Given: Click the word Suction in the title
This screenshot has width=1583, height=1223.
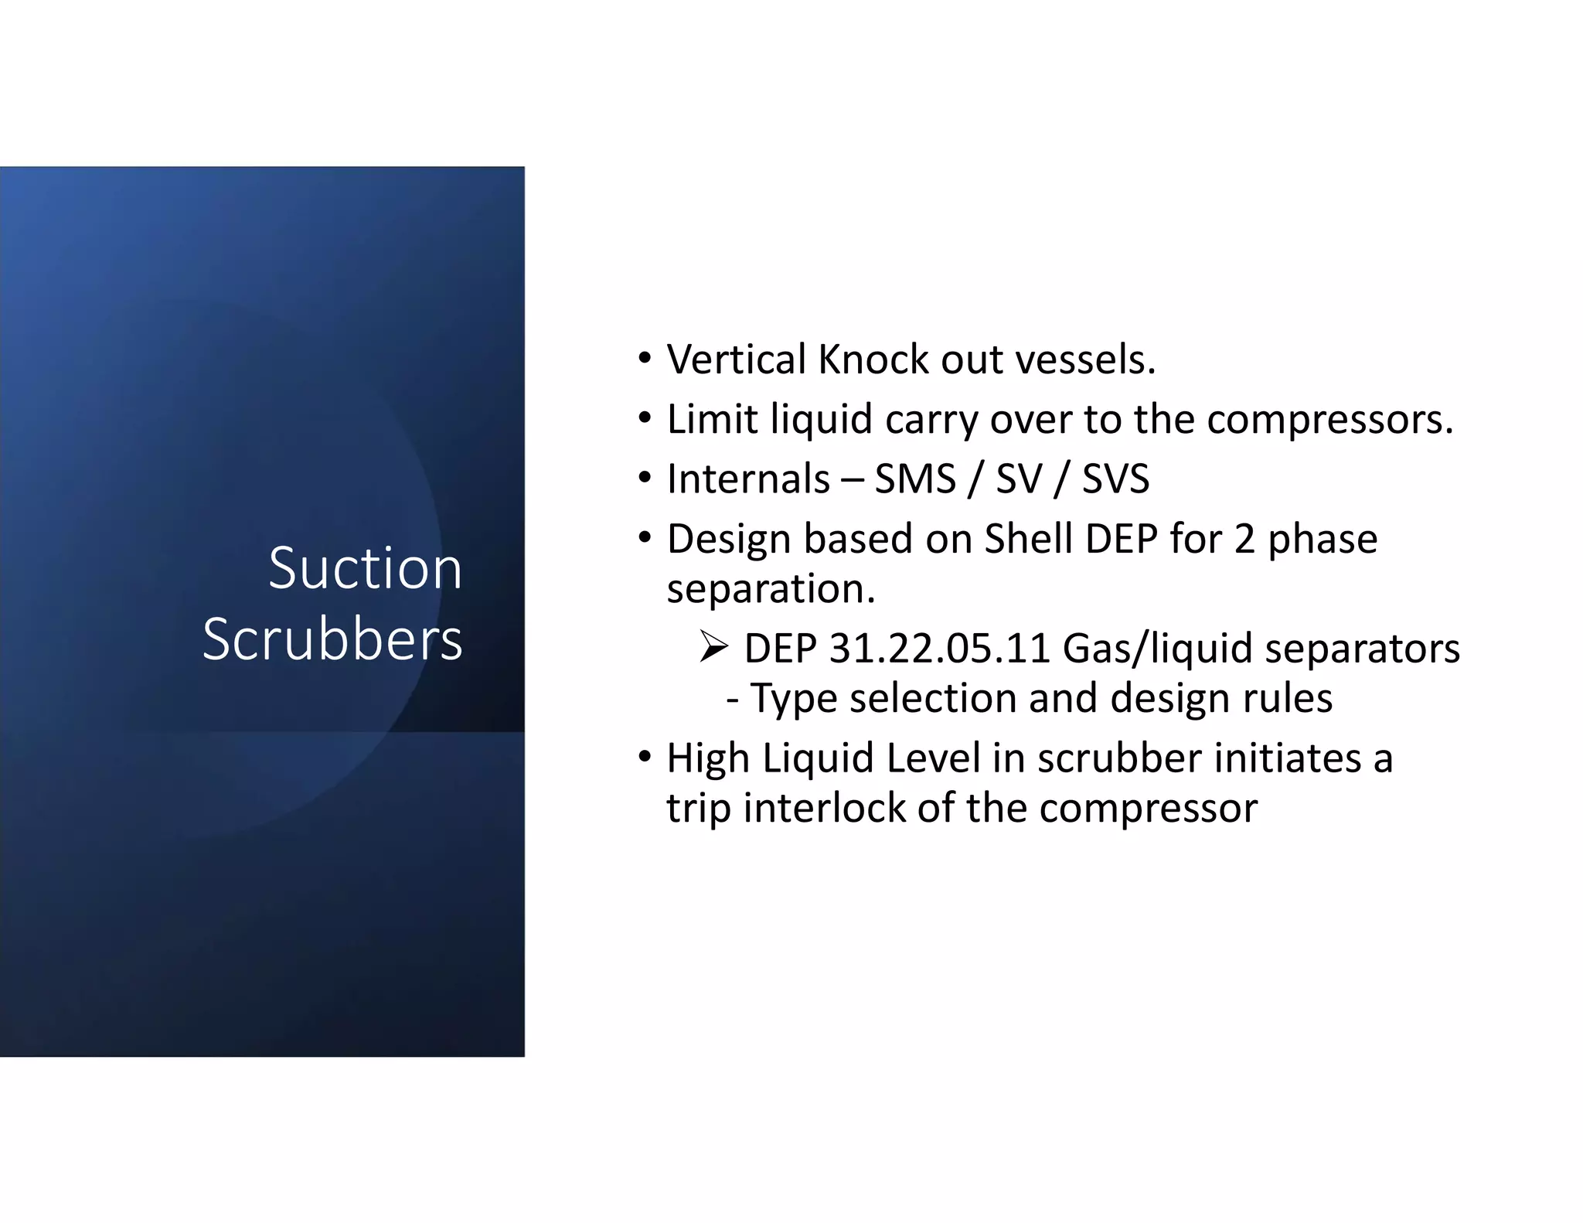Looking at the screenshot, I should pos(365,569).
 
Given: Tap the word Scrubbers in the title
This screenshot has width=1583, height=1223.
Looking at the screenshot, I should pos(332,640).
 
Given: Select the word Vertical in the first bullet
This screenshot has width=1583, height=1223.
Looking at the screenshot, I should pos(737,360).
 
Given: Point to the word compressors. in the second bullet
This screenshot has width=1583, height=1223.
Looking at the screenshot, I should pos(1329,421).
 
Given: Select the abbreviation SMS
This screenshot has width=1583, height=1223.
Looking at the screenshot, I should pos(915,479).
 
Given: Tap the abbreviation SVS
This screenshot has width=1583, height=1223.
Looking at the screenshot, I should pos(1115,479).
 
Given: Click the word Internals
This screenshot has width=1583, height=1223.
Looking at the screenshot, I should pos(748,479).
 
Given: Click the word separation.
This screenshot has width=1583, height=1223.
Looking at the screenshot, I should pos(771,590).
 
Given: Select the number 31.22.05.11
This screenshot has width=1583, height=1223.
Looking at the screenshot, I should pos(939,649).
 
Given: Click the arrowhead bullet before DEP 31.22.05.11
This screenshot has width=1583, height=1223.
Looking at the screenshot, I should pos(713,647).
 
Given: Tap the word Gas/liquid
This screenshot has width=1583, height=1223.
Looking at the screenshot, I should pos(1157,649).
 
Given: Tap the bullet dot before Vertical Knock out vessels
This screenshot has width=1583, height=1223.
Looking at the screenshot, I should pos(645,359).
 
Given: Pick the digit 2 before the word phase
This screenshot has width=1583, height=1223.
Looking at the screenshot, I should pos(1244,539).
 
